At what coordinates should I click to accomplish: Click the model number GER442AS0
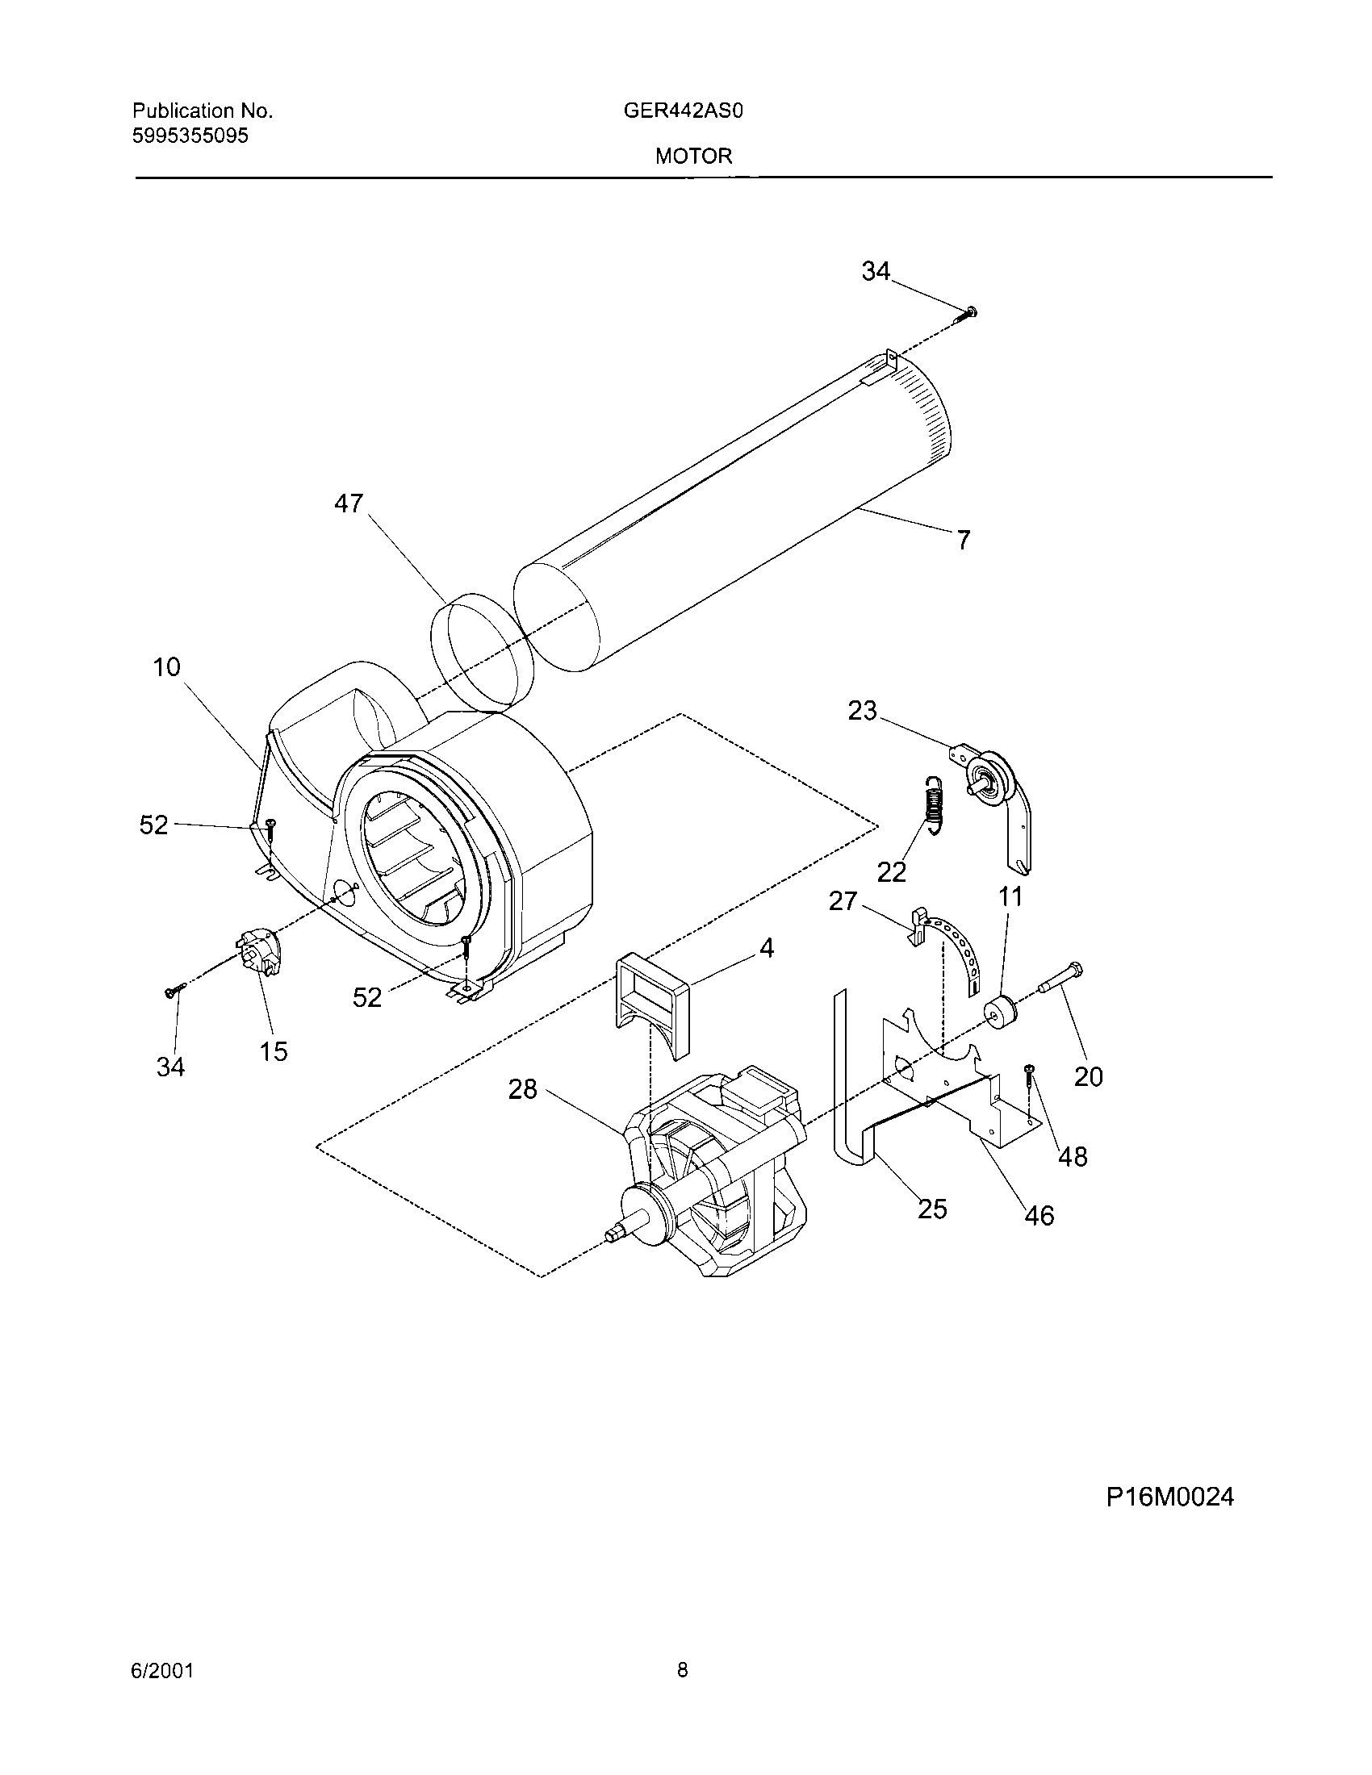683,111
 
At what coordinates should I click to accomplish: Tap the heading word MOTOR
693,156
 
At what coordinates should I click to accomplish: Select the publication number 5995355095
190,136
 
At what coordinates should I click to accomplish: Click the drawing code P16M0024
1169,1496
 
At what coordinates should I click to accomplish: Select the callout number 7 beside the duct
963,540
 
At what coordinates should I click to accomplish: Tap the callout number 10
166,667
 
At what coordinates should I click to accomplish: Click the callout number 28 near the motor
523,1089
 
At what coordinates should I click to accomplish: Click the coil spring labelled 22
935,804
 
